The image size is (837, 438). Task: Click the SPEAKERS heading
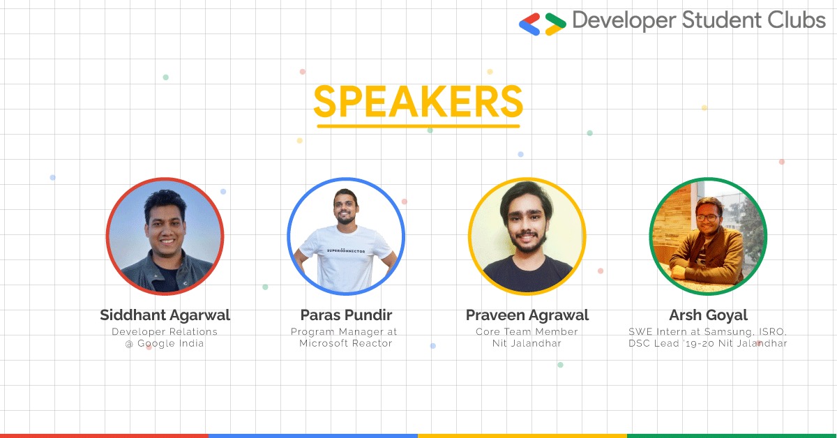pos(418,101)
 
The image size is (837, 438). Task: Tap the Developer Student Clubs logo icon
pos(543,24)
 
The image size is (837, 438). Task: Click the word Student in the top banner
pos(723,20)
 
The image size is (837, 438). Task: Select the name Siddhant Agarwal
pos(165,315)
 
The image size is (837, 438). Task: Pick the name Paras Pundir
pos(346,315)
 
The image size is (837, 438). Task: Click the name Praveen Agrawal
pos(527,315)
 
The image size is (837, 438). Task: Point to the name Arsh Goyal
pos(708,315)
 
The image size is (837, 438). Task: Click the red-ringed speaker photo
pos(165,236)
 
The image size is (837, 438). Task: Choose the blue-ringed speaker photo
pos(346,236)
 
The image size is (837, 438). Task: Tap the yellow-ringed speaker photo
pos(527,236)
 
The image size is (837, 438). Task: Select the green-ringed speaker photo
pos(708,236)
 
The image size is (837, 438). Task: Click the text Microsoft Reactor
pos(346,343)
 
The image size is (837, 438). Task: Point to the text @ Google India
pos(165,343)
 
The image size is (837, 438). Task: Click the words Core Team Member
pos(527,331)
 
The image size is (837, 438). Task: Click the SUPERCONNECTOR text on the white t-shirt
pos(346,251)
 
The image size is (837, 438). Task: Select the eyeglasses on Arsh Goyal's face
pos(707,218)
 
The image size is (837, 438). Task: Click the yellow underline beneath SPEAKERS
pos(418,126)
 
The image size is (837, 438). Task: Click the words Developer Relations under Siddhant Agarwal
pos(165,331)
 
